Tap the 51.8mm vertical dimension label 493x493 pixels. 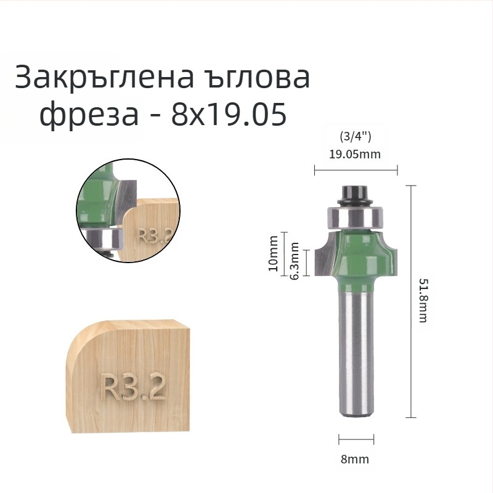[x=423, y=300]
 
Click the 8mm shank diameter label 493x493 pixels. [x=356, y=459]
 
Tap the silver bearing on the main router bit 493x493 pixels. [x=355, y=216]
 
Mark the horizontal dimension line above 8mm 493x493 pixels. [x=356, y=439]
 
